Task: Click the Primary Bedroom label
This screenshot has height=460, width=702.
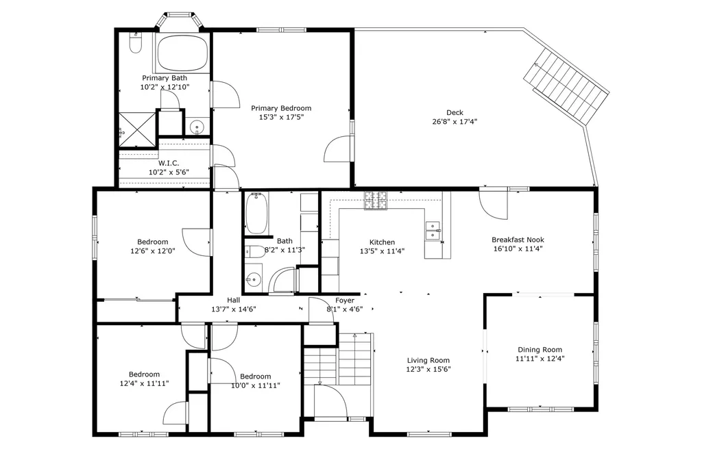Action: [281, 108]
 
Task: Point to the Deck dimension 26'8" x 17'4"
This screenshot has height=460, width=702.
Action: [455, 122]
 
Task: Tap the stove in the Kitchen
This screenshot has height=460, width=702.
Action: [376, 199]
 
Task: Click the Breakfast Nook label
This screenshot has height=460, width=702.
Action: [518, 240]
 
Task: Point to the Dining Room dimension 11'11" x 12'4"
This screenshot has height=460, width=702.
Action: [540, 358]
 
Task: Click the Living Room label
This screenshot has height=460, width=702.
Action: [428, 360]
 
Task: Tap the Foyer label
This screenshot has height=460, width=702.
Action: [345, 301]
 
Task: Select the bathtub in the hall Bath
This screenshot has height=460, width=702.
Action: [258, 214]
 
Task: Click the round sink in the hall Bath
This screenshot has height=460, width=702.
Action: [254, 279]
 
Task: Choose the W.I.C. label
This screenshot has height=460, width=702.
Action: [169, 163]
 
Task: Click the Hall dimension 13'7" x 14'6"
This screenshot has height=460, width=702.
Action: [234, 309]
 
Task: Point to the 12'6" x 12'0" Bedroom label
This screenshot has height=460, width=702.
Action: [152, 242]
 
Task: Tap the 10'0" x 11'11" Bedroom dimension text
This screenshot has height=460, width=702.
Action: [255, 385]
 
